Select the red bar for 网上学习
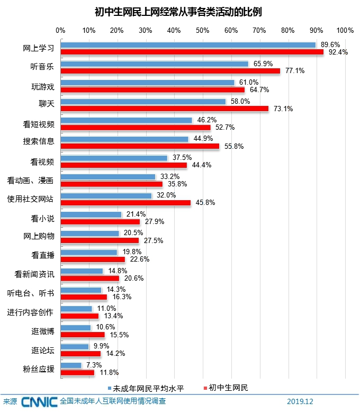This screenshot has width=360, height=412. (x=192, y=52)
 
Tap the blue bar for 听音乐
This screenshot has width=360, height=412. (x=154, y=64)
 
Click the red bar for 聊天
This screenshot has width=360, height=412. (x=164, y=109)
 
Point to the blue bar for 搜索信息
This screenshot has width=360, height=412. (x=124, y=139)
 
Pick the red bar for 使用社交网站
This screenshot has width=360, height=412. (x=125, y=202)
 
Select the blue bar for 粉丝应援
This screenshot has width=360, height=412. (x=71, y=365)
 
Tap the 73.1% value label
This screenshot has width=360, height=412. (x=283, y=109)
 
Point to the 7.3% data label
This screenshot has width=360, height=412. (x=94, y=365)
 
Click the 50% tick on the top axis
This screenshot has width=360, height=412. (x=203, y=30)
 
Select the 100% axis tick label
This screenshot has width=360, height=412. (x=345, y=30)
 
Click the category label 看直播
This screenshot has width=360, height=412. (x=42, y=255)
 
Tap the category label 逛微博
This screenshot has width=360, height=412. (x=42, y=331)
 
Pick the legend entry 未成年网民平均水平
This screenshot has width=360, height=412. (x=147, y=388)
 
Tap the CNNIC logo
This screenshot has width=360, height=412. (x=39, y=402)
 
